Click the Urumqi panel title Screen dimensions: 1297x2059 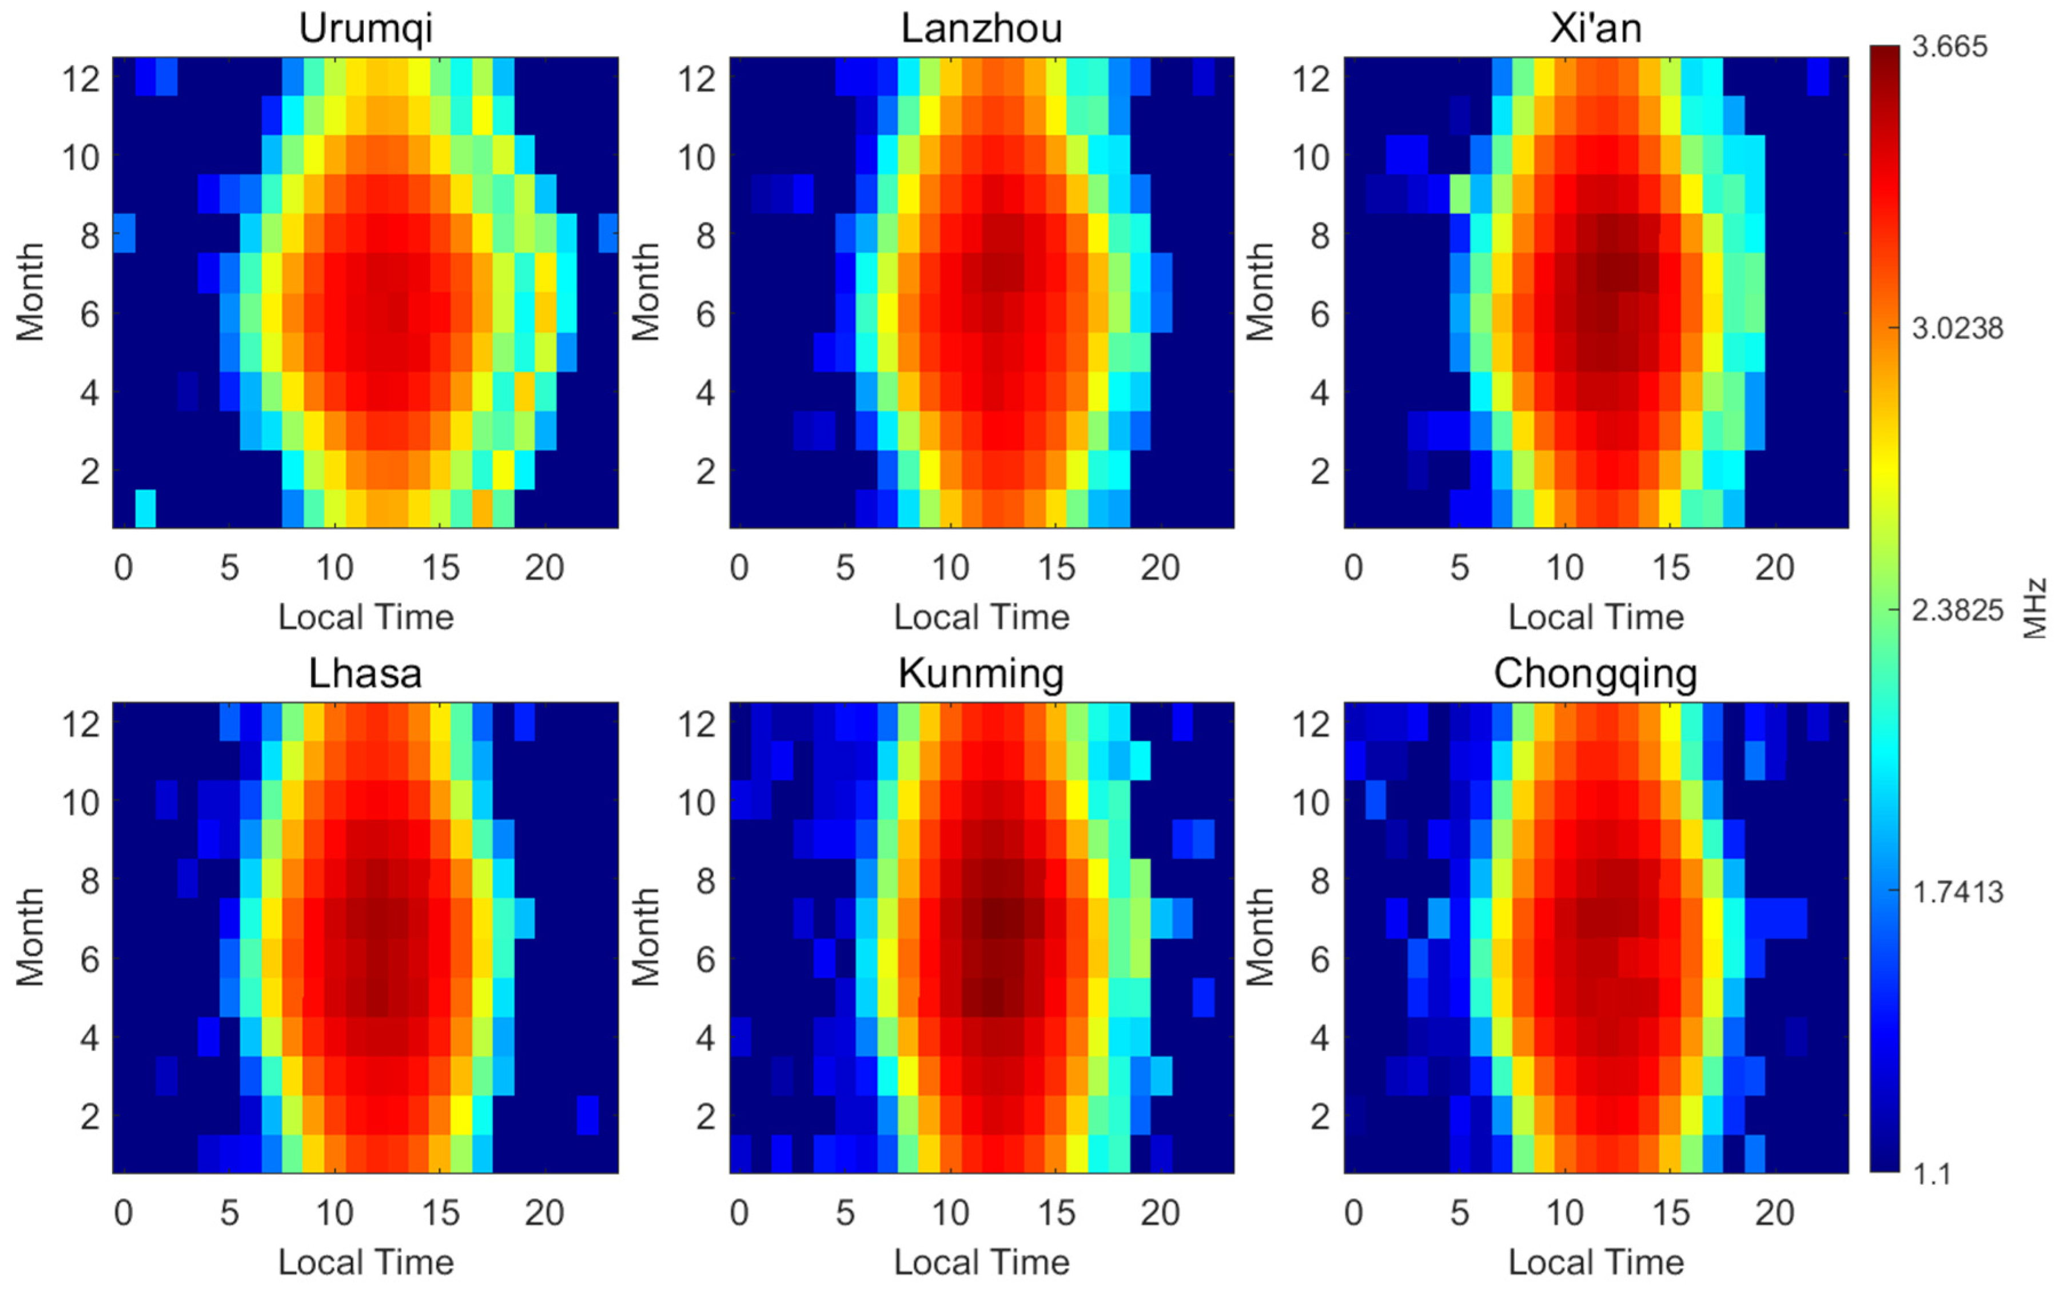(x=365, y=28)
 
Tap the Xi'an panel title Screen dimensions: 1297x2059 (x=1595, y=28)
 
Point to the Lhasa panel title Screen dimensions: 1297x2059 (x=365, y=674)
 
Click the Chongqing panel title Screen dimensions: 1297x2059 (x=1595, y=674)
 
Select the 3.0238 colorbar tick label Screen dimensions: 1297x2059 (x=1957, y=328)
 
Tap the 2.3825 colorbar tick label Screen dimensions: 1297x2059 (x=1957, y=610)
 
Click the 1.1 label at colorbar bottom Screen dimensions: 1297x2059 (x=1931, y=1175)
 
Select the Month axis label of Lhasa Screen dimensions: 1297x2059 (x=30, y=937)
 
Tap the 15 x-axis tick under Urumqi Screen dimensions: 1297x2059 (x=440, y=568)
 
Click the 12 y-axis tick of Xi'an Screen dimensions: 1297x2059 (x=1311, y=79)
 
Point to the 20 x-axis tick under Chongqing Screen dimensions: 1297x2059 (x=1774, y=1212)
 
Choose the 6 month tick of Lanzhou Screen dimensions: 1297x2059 (x=704, y=314)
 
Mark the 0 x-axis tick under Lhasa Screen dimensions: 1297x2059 (x=123, y=1212)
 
